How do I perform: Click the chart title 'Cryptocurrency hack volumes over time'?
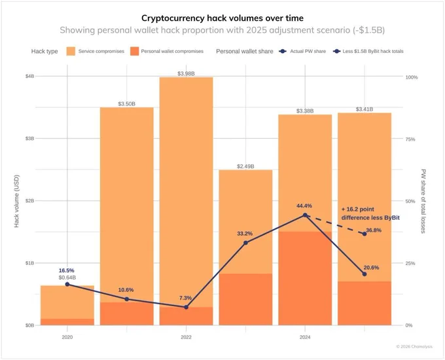(x=222, y=16)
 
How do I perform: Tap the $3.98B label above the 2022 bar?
(x=186, y=73)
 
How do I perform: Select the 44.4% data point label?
(x=304, y=206)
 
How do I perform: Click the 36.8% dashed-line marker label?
(x=374, y=230)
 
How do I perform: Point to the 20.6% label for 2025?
(x=371, y=268)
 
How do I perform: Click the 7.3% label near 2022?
(x=186, y=298)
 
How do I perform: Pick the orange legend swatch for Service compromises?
(x=71, y=51)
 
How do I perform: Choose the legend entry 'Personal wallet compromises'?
(x=171, y=51)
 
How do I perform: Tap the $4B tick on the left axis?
(x=29, y=77)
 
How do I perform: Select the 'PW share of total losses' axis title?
(x=423, y=201)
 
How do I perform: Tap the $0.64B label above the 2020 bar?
(x=67, y=278)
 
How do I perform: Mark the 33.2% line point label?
(x=246, y=234)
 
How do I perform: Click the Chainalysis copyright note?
(x=419, y=346)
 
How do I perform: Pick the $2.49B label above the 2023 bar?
(x=245, y=166)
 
